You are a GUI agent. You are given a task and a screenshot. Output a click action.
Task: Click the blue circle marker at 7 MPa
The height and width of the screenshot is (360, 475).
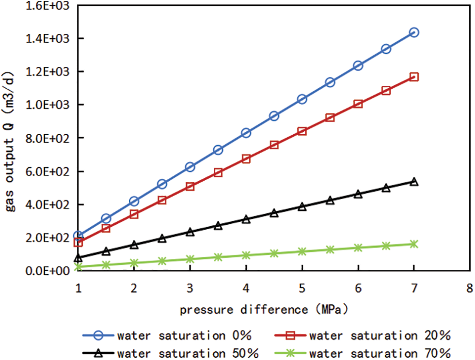pos(414,32)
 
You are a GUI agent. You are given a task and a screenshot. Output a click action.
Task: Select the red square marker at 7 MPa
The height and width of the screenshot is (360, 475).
pos(414,77)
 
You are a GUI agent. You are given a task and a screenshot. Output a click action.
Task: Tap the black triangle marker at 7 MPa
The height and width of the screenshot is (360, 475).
pos(414,182)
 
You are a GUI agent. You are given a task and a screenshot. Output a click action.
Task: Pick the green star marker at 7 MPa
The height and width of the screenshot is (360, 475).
pos(414,244)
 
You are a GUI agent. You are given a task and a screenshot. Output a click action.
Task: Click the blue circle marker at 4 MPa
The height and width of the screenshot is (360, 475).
pos(246,133)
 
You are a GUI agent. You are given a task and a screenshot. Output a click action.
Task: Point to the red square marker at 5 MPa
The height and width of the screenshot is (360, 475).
pos(302,131)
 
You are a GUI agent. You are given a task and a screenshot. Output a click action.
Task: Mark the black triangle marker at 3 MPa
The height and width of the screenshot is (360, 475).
pos(190,232)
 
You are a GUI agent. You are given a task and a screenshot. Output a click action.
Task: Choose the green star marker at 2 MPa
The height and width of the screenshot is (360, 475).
pos(134,263)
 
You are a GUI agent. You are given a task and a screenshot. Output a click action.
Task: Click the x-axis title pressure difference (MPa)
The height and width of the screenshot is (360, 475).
pos(264,309)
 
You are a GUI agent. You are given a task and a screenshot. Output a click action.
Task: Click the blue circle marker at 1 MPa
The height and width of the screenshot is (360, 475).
pos(78,236)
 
